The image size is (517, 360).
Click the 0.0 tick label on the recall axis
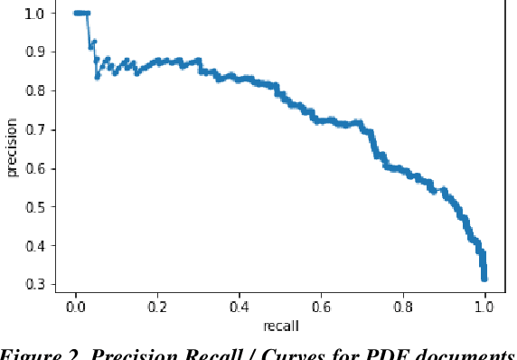coord(76,306)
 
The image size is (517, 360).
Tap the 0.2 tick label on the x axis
coord(158,306)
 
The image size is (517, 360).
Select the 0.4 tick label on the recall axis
coord(240,306)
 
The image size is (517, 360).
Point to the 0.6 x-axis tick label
coord(322,306)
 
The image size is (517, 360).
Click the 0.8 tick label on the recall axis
coord(403,306)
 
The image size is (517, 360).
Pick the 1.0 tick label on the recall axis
coord(485,306)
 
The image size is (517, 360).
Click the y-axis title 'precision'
coord(12,149)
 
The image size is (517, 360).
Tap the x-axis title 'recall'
coord(281,324)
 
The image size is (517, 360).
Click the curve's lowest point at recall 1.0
coord(485,278)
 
